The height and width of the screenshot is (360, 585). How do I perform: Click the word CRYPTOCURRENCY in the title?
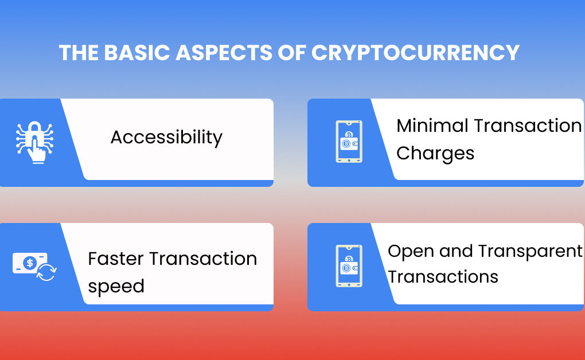click(x=415, y=53)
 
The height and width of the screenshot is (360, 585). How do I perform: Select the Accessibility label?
click(x=166, y=138)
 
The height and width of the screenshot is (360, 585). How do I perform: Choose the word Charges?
click(x=435, y=154)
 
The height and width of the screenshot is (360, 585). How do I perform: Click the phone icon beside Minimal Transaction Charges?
click(x=349, y=142)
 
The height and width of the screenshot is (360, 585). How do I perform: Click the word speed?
click(x=116, y=286)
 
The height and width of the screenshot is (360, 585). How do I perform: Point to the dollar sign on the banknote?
click(x=30, y=263)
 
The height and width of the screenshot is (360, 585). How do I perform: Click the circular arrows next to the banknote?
click(x=46, y=272)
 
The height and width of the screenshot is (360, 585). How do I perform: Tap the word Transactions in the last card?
click(x=443, y=277)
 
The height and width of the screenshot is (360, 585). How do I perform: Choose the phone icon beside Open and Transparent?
click(x=349, y=266)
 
